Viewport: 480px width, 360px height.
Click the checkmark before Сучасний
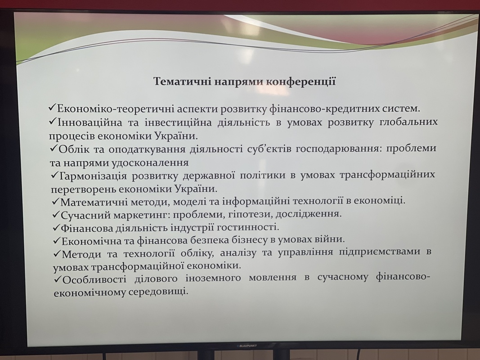click(57, 215)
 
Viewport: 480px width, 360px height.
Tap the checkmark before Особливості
click(58, 279)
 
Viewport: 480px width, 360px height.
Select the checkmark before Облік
click(54, 149)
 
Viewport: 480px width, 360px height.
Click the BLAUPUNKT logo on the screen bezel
click(247, 346)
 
